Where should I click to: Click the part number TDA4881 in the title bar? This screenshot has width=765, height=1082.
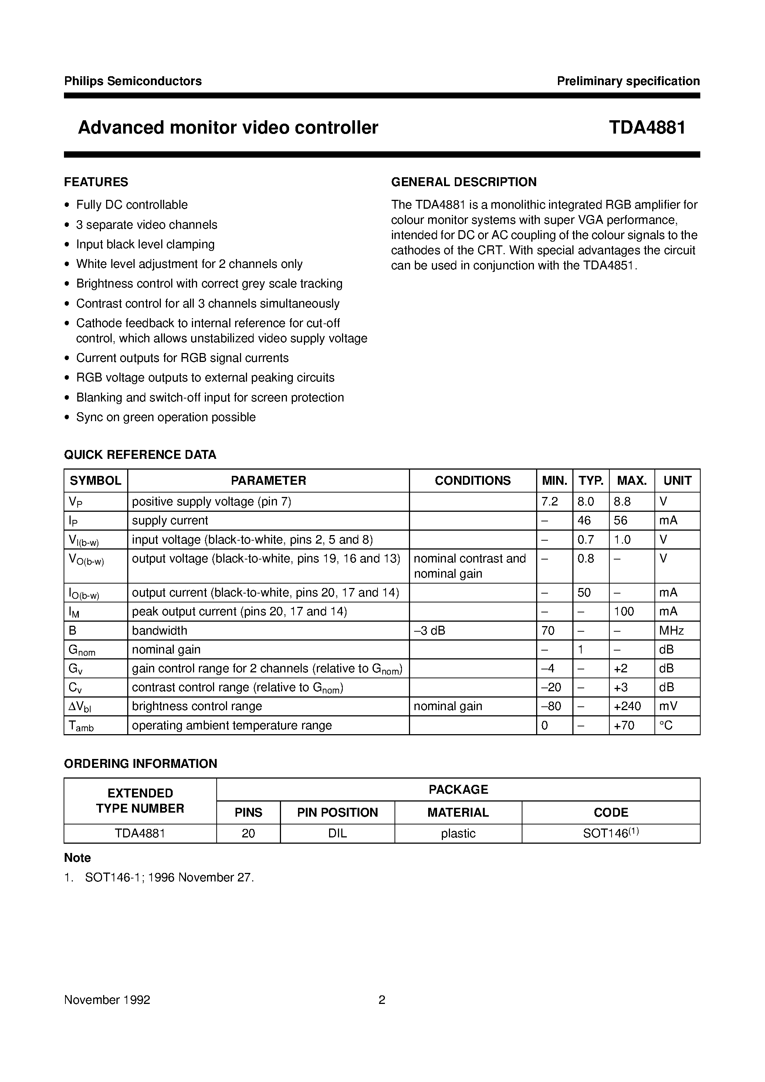[647, 128]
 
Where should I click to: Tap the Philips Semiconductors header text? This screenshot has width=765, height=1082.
[133, 81]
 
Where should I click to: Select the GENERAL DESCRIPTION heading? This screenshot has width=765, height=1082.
[464, 182]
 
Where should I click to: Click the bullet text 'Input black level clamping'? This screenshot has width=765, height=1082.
[145, 244]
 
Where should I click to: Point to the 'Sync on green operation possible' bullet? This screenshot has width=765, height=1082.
[166, 417]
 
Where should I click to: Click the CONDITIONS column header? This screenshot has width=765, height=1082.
[473, 480]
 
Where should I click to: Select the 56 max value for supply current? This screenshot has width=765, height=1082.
[620, 521]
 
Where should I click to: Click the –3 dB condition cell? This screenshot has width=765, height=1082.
[429, 630]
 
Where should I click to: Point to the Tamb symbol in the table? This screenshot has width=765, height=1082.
[81, 726]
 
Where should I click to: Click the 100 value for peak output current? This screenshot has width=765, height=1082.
[624, 611]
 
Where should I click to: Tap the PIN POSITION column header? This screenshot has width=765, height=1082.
[337, 812]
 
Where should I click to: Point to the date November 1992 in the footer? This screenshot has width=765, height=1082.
[107, 1000]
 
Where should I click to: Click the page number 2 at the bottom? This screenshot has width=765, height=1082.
[382, 1000]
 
